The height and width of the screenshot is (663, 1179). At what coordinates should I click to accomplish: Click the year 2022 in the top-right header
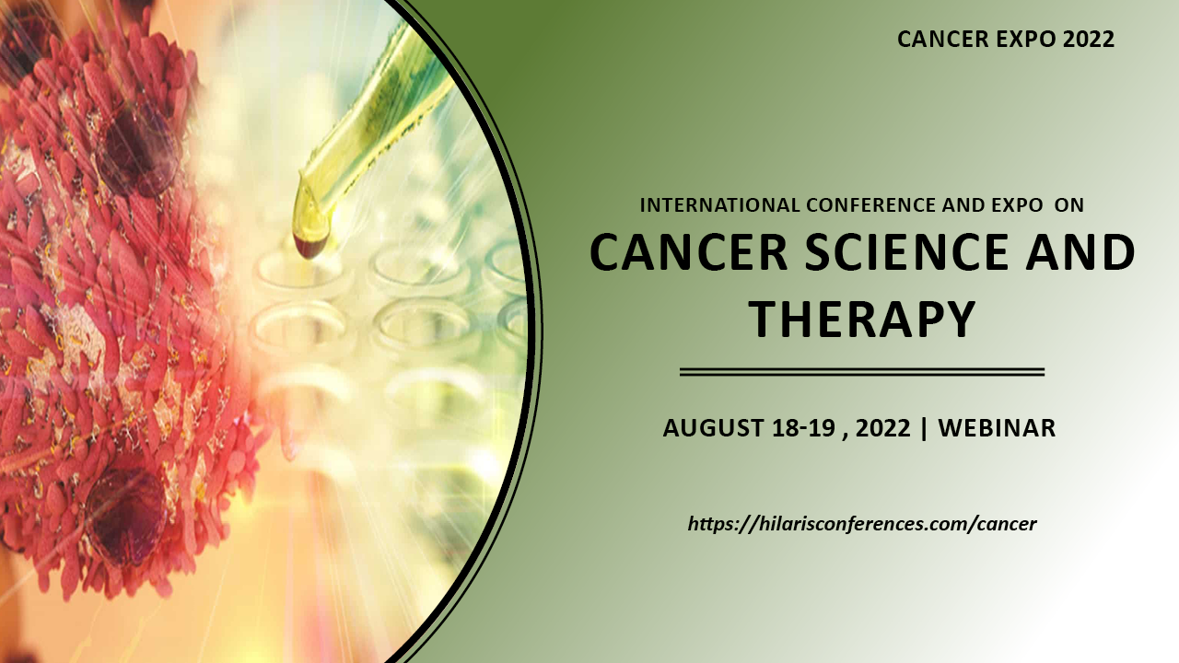pyautogui.click(x=1089, y=40)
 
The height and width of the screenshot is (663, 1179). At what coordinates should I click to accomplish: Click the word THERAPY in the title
pyautogui.click(x=863, y=319)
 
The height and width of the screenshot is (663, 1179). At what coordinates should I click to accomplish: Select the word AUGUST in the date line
pyautogui.click(x=714, y=428)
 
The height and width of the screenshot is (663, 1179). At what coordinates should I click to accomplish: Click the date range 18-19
pyautogui.click(x=804, y=428)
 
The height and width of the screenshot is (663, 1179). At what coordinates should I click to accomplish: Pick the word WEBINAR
pyautogui.click(x=997, y=428)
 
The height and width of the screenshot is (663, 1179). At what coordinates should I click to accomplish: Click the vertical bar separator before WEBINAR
pyautogui.click(x=924, y=428)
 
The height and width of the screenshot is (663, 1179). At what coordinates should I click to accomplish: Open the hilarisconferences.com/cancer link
pyautogui.click(x=862, y=524)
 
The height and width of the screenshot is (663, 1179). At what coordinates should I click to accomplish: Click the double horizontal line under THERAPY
pyautogui.click(x=862, y=372)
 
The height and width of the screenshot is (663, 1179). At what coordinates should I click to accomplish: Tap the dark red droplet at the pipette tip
pyautogui.click(x=310, y=246)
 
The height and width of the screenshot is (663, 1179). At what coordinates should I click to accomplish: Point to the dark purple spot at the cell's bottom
pyautogui.click(x=126, y=516)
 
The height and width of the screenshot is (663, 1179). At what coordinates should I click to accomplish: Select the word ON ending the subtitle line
pyautogui.click(x=1069, y=204)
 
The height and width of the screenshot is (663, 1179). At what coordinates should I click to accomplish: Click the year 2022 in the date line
pyautogui.click(x=883, y=428)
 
